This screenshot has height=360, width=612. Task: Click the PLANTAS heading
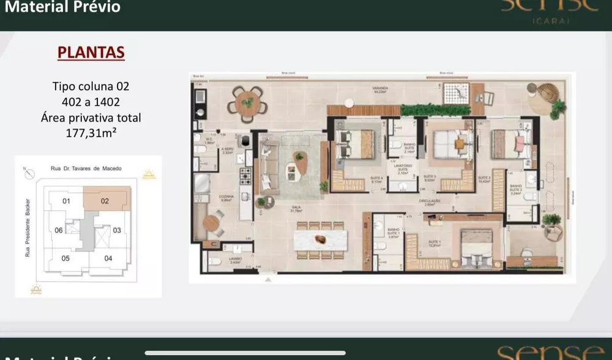tap(91, 53)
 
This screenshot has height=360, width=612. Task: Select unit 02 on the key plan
tap(105, 200)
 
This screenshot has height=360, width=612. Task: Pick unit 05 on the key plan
tap(65, 258)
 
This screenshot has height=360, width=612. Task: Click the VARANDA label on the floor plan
tap(380, 89)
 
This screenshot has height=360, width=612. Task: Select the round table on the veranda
tap(247, 103)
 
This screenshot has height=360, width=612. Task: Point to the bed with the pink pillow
tap(512, 144)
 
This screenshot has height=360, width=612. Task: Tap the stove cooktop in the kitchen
tap(245, 175)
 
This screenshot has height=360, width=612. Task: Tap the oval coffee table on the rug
tap(300, 161)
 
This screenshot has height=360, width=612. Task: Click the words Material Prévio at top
tap(63, 8)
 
